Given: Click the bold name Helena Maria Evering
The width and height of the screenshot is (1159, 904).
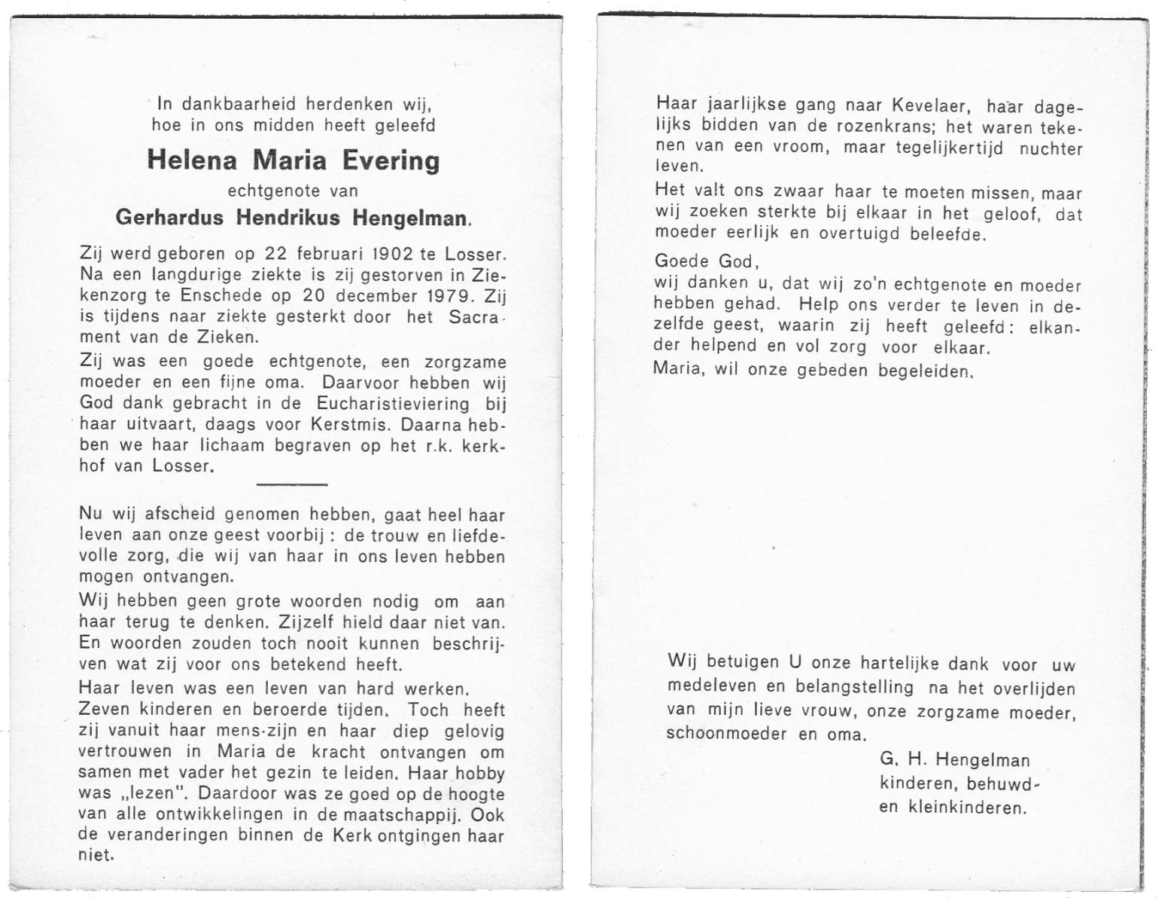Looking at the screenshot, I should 293,160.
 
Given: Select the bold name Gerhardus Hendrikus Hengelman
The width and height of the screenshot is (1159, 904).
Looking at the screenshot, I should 293,218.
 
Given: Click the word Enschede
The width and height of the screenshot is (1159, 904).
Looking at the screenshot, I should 226,295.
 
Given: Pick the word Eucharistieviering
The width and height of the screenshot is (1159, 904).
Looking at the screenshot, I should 393,403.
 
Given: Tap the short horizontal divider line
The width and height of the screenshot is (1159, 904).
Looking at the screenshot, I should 292,484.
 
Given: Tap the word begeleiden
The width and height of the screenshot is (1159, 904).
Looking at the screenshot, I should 925,371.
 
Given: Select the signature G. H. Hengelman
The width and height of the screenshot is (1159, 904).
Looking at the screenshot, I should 954,760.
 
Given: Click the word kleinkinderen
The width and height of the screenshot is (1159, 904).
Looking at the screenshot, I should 967,808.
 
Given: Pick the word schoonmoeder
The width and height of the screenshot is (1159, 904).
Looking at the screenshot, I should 726,734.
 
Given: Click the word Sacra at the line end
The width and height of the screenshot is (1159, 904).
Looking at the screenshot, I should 473,316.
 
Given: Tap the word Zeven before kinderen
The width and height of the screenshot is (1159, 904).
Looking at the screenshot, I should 104,710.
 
